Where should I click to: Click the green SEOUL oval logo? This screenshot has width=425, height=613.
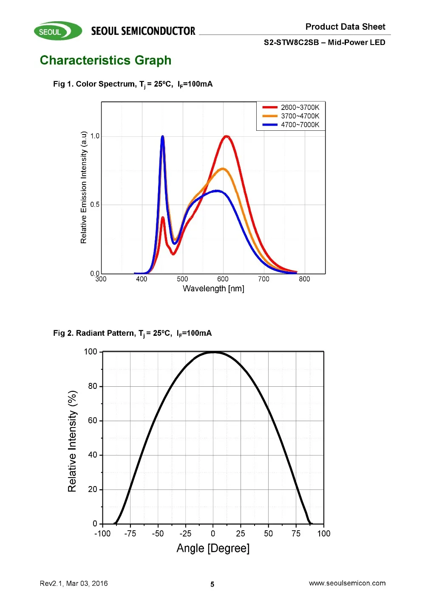(58, 31)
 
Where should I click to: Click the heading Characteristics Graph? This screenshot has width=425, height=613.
(105, 60)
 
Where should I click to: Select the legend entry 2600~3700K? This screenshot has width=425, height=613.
(300, 107)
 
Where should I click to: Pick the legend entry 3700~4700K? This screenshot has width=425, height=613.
(300, 116)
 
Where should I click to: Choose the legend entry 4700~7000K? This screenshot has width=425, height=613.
(300, 125)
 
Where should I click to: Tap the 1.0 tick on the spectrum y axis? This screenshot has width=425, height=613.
(95, 136)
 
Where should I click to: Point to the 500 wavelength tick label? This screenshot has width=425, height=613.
(182, 279)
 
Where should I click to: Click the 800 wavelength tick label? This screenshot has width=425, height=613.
(304, 279)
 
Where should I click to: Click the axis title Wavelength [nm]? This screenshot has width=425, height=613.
(213, 289)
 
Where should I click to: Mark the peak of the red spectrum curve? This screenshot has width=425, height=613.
(227, 137)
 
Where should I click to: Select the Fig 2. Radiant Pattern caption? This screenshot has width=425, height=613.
(132, 333)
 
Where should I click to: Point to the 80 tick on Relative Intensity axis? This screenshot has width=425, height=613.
(93, 386)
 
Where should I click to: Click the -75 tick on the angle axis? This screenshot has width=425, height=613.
(130, 534)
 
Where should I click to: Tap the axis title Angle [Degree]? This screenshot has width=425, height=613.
(213, 548)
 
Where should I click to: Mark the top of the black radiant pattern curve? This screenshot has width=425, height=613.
(213, 352)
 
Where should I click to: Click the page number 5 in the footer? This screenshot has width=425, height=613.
(212, 585)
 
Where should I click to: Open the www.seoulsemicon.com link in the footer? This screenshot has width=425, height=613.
(347, 583)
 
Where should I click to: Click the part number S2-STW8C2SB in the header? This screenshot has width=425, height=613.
(291, 42)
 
